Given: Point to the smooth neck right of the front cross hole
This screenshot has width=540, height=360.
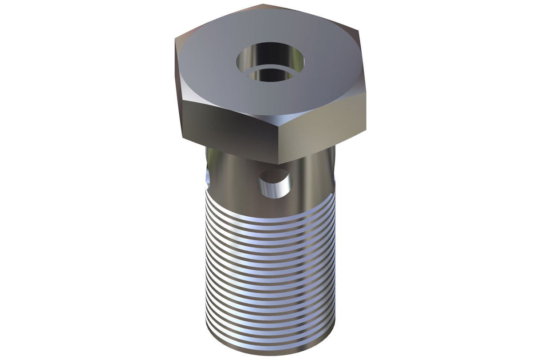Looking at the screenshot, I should pos(311,182).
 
